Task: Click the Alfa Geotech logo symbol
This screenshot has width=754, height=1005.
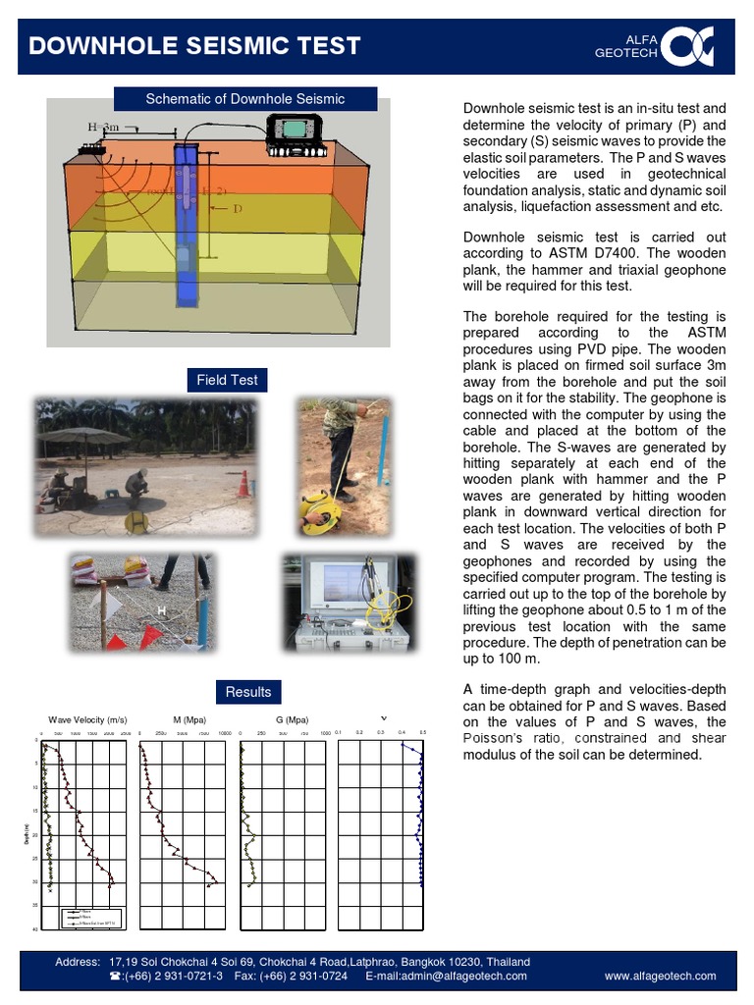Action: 687,46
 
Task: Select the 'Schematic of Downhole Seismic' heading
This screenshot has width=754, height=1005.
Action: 244,99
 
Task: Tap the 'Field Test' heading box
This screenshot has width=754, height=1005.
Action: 227,380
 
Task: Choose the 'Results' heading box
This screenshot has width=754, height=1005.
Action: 247,691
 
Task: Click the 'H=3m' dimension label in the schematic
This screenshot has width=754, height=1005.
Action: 103,127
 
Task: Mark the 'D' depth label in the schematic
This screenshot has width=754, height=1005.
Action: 238,209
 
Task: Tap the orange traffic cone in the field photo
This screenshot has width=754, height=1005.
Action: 243,484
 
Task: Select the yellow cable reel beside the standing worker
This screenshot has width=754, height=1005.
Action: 321,512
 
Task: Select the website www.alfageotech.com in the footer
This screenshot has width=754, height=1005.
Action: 660,976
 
